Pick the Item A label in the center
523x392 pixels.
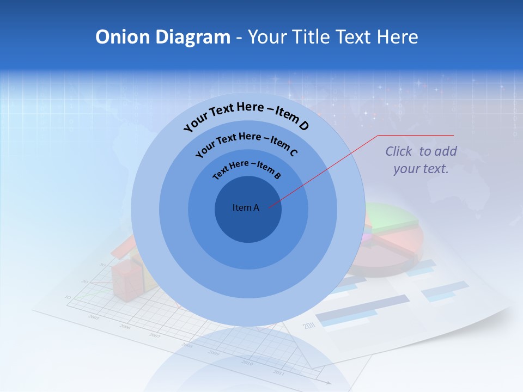[x=246, y=207]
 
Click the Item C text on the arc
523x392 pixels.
[x=284, y=145]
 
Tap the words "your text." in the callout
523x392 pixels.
[x=421, y=169]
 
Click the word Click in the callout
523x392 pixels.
[x=399, y=151]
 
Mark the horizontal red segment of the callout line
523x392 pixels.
[x=416, y=135]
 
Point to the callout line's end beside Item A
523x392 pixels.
[x=269, y=206]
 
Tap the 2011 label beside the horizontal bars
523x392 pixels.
[x=309, y=326]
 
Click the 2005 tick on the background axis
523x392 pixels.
[x=94, y=317]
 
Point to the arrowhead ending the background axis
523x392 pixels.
[x=327, y=382]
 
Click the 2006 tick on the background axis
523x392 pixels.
[x=125, y=327]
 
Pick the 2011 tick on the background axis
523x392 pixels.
[x=278, y=372]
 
